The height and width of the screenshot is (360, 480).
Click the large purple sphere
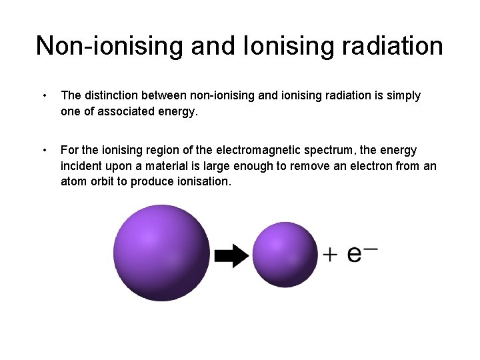[x=161, y=253]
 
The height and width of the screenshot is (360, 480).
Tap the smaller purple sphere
[x=285, y=255]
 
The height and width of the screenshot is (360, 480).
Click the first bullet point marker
[x=43, y=96]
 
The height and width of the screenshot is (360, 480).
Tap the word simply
[x=401, y=96]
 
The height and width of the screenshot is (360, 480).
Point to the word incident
[x=82, y=166]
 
